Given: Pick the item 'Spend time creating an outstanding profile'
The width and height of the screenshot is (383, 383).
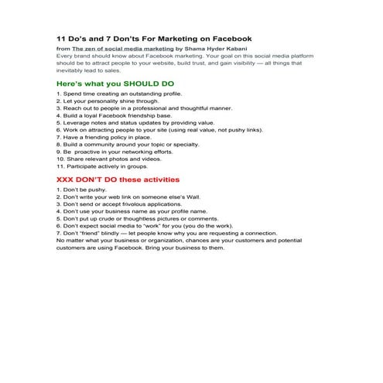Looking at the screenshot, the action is (119, 94).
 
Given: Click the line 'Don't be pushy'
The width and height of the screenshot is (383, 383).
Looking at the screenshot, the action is (81, 190).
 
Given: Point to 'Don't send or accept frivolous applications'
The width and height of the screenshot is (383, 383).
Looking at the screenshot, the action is (124, 204).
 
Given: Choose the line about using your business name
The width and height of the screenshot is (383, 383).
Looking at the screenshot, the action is (132, 211).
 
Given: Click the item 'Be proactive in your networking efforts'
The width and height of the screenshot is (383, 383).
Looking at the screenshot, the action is (113, 152).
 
